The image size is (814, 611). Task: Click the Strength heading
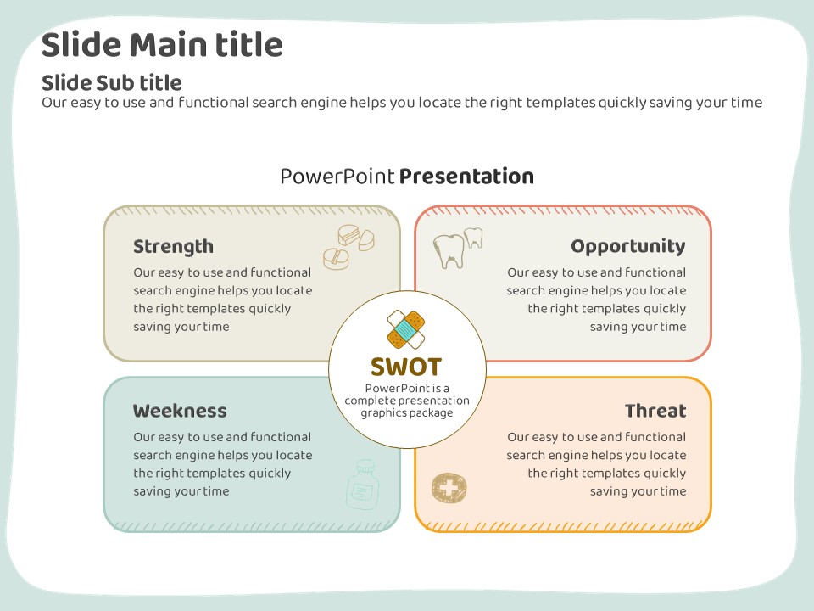[173, 247]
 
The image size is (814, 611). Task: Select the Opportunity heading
[627, 247]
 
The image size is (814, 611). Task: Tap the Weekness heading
[180, 412]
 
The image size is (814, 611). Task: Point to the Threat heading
[655, 412]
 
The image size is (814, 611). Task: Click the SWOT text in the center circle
[406, 367]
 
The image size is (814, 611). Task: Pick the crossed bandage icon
[406, 329]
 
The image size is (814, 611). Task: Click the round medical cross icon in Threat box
[449, 488]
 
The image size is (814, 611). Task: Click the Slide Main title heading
[162, 44]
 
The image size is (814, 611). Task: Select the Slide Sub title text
[111, 82]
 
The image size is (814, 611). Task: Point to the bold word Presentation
[466, 177]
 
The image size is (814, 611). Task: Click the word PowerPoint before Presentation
[337, 177]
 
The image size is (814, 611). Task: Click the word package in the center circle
[432, 412]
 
